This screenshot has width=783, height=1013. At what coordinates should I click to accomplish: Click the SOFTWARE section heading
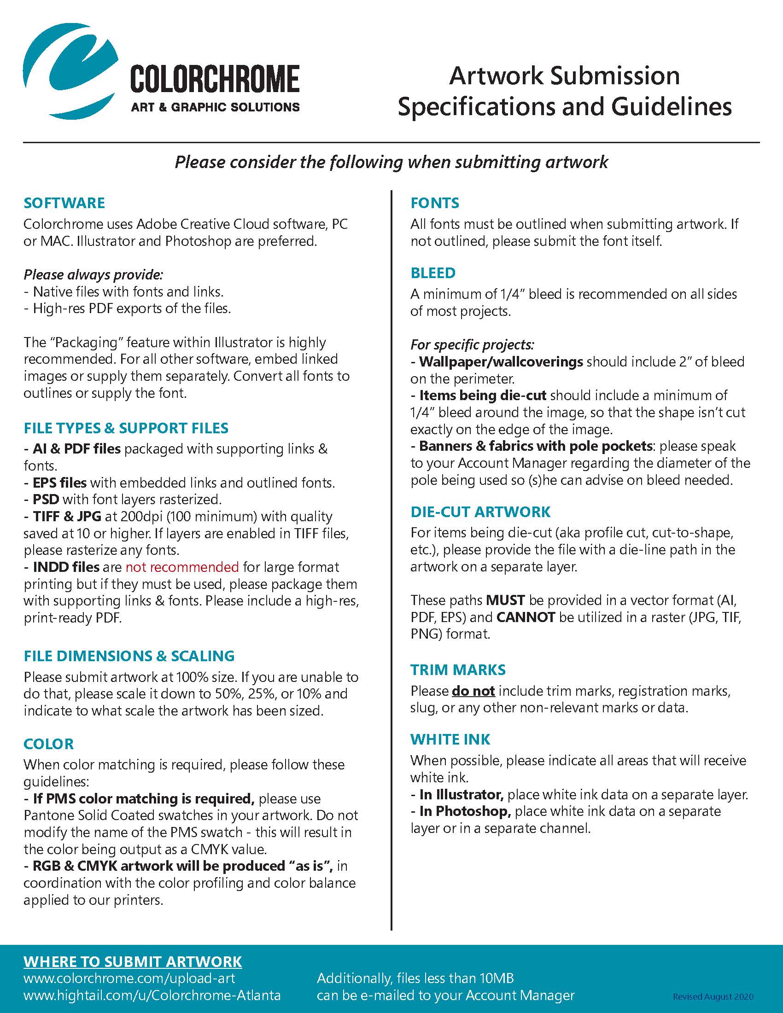tap(64, 203)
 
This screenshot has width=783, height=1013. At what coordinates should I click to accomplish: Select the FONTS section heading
tap(435, 203)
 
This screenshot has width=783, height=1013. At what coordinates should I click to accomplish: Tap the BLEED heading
tap(433, 273)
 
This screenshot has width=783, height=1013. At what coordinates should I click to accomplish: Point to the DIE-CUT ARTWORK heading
tap(480, 512)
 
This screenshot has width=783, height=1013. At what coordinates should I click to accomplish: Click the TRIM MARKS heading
tap(458, 670)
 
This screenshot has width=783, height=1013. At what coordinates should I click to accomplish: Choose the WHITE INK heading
tap(450, 739)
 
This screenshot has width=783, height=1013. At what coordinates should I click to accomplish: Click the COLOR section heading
tap(49, 744)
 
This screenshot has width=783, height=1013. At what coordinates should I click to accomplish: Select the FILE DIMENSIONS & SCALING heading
tap(129, 656)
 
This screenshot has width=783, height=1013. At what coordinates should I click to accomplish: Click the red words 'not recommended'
tap(182, 567)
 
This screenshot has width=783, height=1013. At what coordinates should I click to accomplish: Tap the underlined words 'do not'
tap(473, 691)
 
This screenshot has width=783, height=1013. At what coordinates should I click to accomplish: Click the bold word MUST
tap(505, 600)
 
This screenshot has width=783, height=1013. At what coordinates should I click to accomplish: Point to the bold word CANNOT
tap(526, 617)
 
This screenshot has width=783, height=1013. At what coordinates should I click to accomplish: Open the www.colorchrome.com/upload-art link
tap(129, 978)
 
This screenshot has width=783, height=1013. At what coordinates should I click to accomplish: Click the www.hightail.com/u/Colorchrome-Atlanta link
tap(152, 996)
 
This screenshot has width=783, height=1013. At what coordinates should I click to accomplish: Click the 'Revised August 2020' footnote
tap(713, 996)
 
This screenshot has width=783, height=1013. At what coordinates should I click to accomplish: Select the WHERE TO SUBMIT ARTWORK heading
tap(133, 961)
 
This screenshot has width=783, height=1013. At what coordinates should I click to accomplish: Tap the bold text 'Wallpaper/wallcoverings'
tap(501, 362)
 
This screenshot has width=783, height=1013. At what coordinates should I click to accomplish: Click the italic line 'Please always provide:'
tap(93, 274)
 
